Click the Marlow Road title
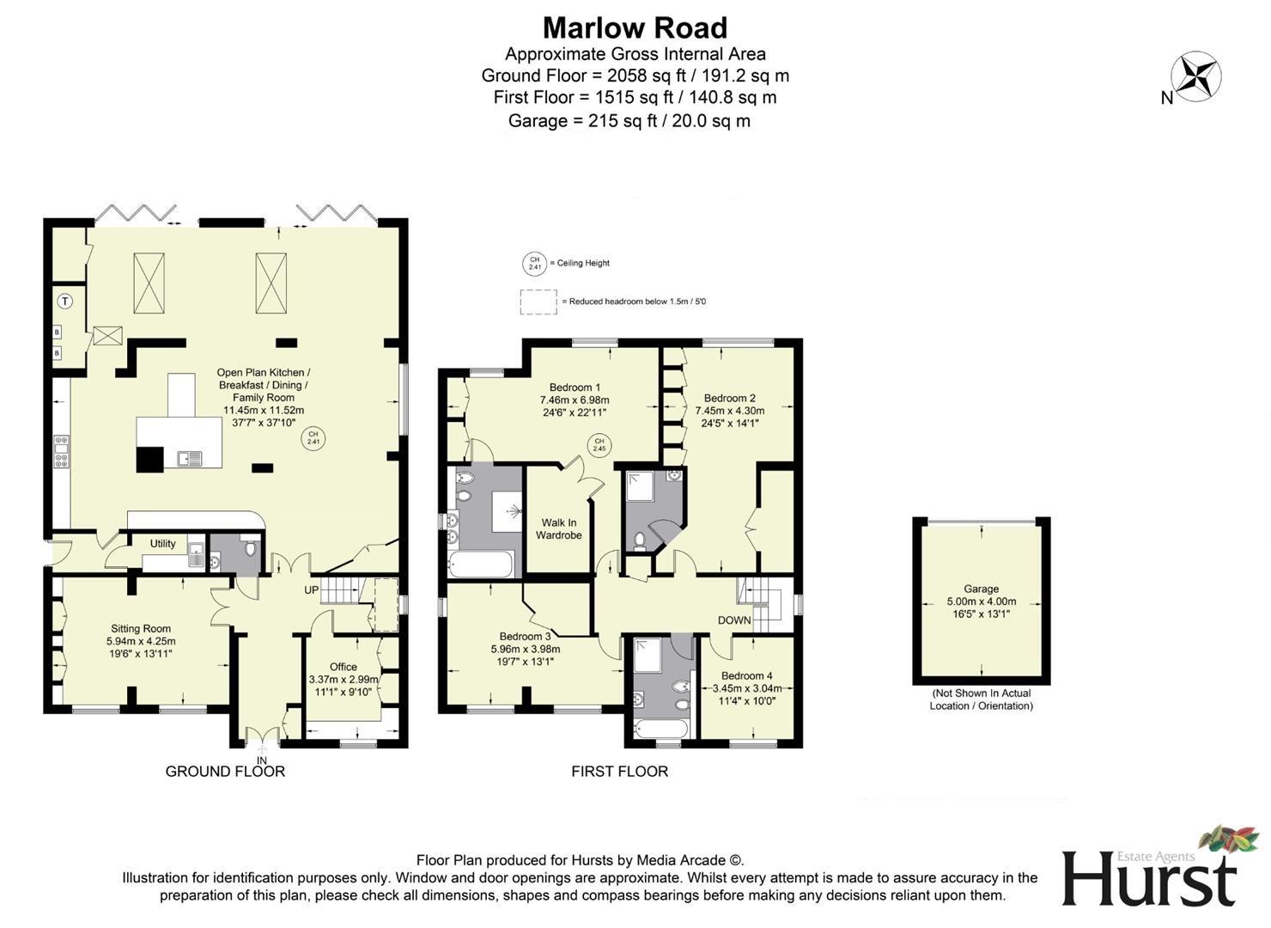coord(635,27)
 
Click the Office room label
coord(344,673)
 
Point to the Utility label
coord(162,544)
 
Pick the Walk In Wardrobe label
coord(559,528)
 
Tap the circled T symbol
coord(65,301)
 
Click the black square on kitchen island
coord(149,460)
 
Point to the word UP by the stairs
coord(311,590)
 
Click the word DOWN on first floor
coord(734,620)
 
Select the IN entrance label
coord(262,760)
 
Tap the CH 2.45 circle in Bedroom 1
coord(599,445)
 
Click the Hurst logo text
coord(1149,878)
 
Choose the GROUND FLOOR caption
coord(225,772)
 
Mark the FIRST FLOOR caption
coord(619,772)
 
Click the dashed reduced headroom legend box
coord(538,302)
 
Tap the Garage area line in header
coord(629,121)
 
